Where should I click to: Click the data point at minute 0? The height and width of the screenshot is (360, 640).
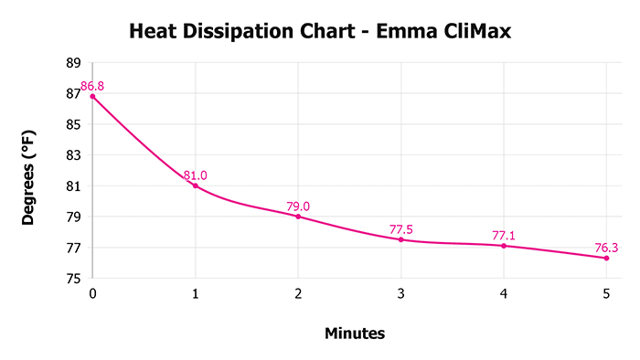click(x=92, y=96)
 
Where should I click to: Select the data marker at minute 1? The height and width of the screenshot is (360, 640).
click(x=195, y=185)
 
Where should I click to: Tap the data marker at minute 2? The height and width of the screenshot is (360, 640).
click(x=298, y=217)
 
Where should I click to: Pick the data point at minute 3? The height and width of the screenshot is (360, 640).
click(x=400, y=239)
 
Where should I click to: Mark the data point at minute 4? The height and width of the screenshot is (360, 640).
click(x=504, y=246)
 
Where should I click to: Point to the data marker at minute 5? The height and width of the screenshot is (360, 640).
click(x=606, y=258)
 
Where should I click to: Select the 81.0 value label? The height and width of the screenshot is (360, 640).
click(x=195, y=175)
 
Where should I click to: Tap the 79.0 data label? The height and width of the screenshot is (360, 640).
click(x=298, y=206)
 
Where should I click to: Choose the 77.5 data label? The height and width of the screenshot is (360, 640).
click(x=400, y=229)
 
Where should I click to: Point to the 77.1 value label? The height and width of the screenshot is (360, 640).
click(x=504, y=236)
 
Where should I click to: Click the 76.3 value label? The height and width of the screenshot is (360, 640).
click(x=606, y=247)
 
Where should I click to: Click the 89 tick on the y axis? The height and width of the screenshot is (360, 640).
click(x=74, y=62)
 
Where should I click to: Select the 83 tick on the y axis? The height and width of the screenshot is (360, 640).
click(x=74, y=155)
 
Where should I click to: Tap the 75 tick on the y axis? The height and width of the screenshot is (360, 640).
click(x=74, y=279)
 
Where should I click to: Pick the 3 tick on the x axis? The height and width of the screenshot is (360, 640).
click(x=400, y=293)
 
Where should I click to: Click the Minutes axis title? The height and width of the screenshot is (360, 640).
click(x=355, y=334)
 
